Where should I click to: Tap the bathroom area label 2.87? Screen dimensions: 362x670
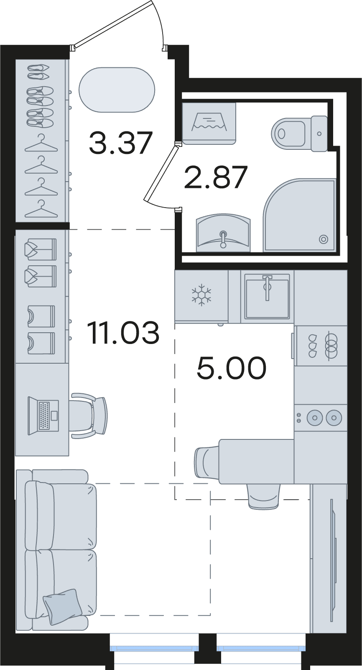pyautogui.click(x=216, y=177)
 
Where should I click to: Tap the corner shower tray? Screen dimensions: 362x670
pyautogui.click(x=300, y=215)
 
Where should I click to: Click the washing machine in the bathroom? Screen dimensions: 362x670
pyautogui.click(x=209, y=123)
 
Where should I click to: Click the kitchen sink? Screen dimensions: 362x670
pyautogui.click(x=267, y=296)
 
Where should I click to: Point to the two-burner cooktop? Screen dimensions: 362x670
pyautogui.click(x=321, y=417)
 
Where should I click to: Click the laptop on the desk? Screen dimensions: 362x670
pyautogui.click(x=43, y=416)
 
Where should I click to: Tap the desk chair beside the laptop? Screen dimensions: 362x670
pyautogui.click(x=88, y=416)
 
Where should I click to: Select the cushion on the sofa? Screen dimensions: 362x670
pyautogui.click(x=63, y=606)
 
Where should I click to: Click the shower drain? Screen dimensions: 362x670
pyautogui.click(x=324, y=239)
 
